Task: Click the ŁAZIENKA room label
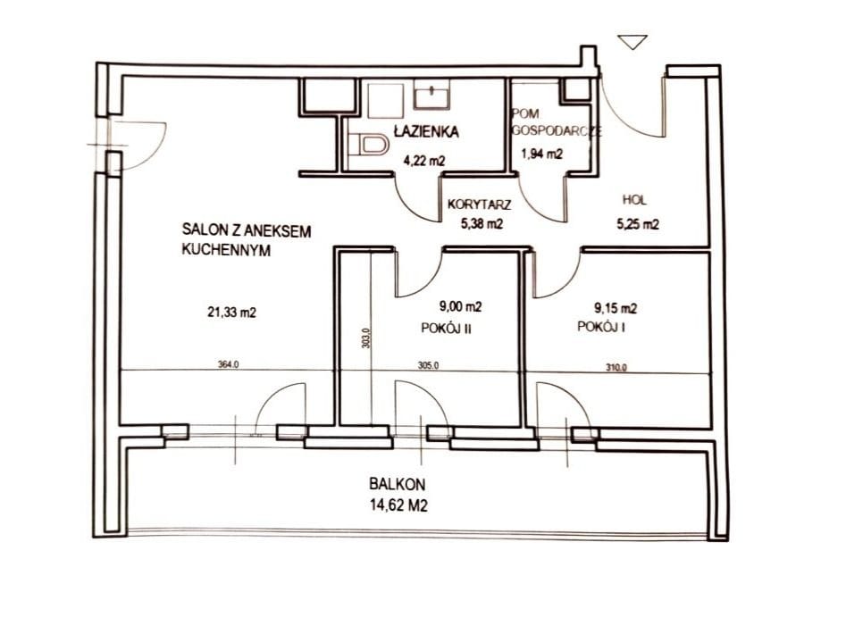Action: click(426, 131)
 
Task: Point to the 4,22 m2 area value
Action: click(424, 160)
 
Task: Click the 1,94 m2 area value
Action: click(541, 154)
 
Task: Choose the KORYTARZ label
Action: click(479, 204)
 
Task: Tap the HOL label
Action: click(634, 200)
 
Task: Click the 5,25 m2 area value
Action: click(638, 223)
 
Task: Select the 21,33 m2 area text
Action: click(231, 312)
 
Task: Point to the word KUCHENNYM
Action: click(226, 251)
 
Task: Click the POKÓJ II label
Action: click(446, 329)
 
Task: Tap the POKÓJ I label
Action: click(601, 327)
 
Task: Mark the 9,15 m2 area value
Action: click(616, 308)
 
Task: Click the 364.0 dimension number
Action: click(228, 364)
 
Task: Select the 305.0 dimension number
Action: click(429, 365)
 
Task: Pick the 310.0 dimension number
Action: click(616, 368)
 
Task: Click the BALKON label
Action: click(398, 484)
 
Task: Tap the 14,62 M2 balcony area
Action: click(398, 505)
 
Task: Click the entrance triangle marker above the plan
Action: click(632, 42)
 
